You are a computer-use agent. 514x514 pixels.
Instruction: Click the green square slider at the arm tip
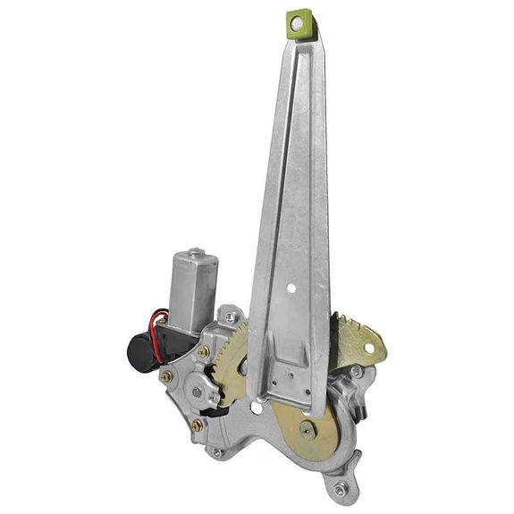pos(302,23)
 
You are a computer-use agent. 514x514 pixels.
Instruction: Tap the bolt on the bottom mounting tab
pos(340,489)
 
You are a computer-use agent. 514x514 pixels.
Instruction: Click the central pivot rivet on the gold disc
pos(307,430)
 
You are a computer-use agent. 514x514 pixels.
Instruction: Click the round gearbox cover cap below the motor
pos(197,391)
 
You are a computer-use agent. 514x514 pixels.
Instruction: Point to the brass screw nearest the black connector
pos(164,376)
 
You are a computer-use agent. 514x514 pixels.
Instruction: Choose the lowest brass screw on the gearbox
pos(197,426)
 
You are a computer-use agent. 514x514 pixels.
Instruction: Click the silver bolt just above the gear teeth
pos(231,317)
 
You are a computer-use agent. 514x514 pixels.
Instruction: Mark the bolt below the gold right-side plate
pos(356,371)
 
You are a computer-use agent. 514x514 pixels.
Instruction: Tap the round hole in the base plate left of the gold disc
pos(257,409)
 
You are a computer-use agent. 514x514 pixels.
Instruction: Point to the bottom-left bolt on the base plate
pos(217,452)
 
